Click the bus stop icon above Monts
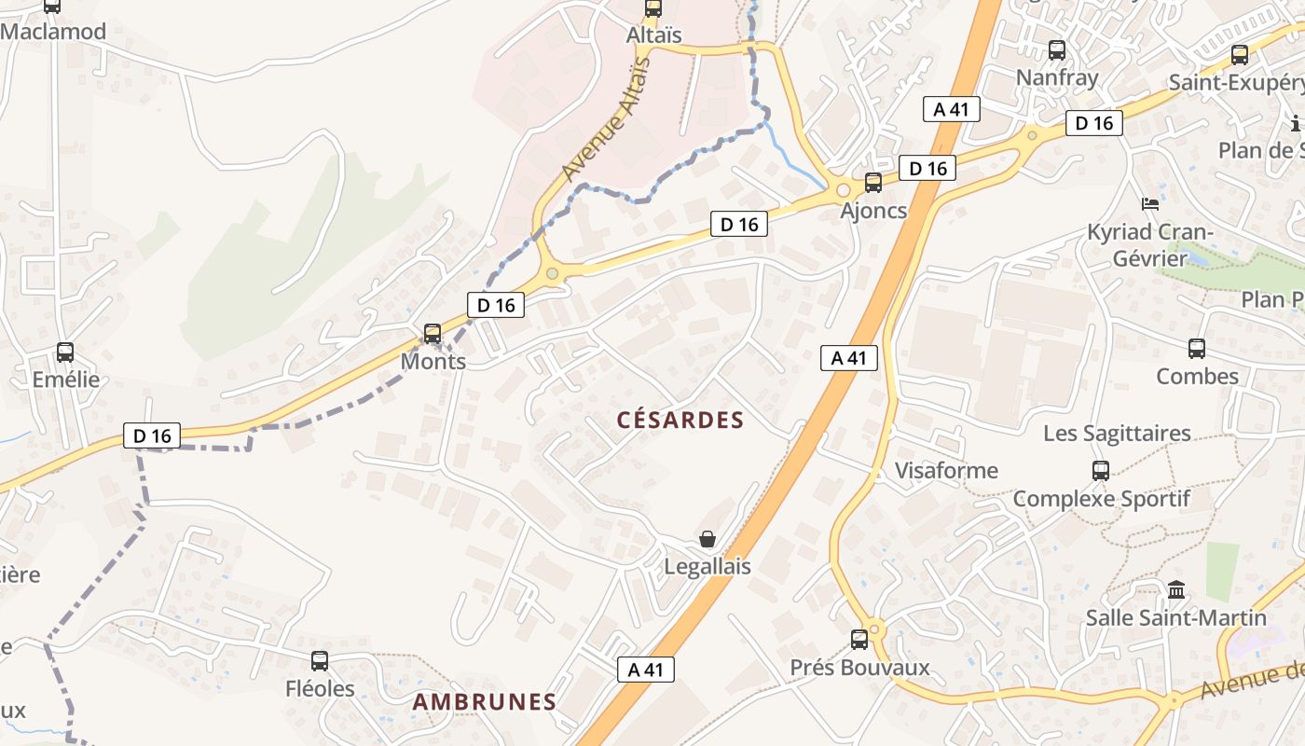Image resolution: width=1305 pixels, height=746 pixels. tap(432, 333)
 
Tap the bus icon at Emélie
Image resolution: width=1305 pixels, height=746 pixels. tap(65, 352)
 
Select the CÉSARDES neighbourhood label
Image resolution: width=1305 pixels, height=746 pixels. tap(680, 421)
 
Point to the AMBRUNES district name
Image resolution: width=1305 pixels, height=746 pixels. tap(484, 702)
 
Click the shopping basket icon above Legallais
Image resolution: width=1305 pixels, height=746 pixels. tap(707, 539)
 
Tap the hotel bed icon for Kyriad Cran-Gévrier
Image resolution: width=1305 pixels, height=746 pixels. tap(1150, 203)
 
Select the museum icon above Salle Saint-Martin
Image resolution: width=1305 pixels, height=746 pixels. tap(1176, 590)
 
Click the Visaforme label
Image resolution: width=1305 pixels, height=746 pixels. tap(946, 470)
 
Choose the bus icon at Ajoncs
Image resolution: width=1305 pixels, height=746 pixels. tap(873, 183)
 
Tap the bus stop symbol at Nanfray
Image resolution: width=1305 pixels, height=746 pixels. tap(1057, 50)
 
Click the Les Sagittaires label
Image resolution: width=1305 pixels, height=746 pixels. tap(1117, 433)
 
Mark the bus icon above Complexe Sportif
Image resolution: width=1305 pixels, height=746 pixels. tap(1101, 470)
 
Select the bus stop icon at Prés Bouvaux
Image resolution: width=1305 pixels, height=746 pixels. tap(859, 640)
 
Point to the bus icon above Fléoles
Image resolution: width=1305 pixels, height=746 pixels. tap(320, 661)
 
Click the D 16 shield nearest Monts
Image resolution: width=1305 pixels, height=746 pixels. tap(496, 304)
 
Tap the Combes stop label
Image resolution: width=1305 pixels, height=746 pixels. tap(1197, 377)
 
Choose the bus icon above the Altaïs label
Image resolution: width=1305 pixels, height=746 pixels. tap(653, 8)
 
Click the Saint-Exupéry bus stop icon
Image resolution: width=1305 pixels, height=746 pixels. tap(1240, 55)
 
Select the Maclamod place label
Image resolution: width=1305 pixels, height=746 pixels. tap(53, 32)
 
